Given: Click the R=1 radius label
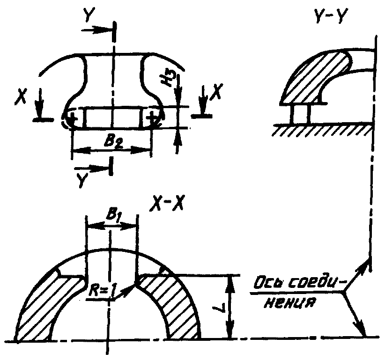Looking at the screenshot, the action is pyautogui.click(x=102, y=291).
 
